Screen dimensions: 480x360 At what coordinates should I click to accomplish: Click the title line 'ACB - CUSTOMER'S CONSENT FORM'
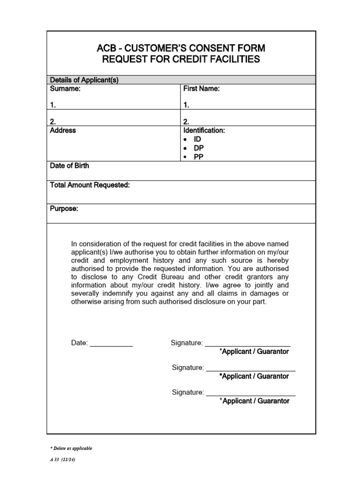[181, 48]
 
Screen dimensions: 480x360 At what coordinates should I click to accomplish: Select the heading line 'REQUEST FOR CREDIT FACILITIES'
[181, 60]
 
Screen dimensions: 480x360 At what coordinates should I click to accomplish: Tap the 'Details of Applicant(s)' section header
[84, 80]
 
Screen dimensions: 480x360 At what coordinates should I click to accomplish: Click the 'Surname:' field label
[66, 89]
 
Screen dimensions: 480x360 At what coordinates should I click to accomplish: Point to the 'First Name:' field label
[202, 89]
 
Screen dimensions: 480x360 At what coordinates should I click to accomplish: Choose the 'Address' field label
[63, 131]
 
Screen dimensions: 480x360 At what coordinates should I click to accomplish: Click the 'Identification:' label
[204, 131]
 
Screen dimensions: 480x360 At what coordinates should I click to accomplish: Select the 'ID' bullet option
[198, 140]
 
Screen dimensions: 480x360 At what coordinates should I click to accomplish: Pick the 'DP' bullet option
[199, 148]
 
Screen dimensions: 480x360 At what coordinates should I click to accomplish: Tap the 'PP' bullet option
[199, 157]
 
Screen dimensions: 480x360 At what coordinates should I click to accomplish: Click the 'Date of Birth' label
[69, 166]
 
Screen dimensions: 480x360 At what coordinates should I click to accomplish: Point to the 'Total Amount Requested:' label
[90, 186]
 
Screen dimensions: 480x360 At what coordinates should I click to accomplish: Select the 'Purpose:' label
[64, 209]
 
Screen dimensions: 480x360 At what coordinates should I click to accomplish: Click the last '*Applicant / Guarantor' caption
[255, 401]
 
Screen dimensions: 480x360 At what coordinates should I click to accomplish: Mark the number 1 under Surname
[52, 105]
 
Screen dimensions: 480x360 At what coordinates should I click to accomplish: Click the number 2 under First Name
[186, 121]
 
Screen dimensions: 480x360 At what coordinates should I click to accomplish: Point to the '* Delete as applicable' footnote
[71, 449]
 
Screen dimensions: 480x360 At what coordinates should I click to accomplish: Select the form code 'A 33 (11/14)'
[62, 460]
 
